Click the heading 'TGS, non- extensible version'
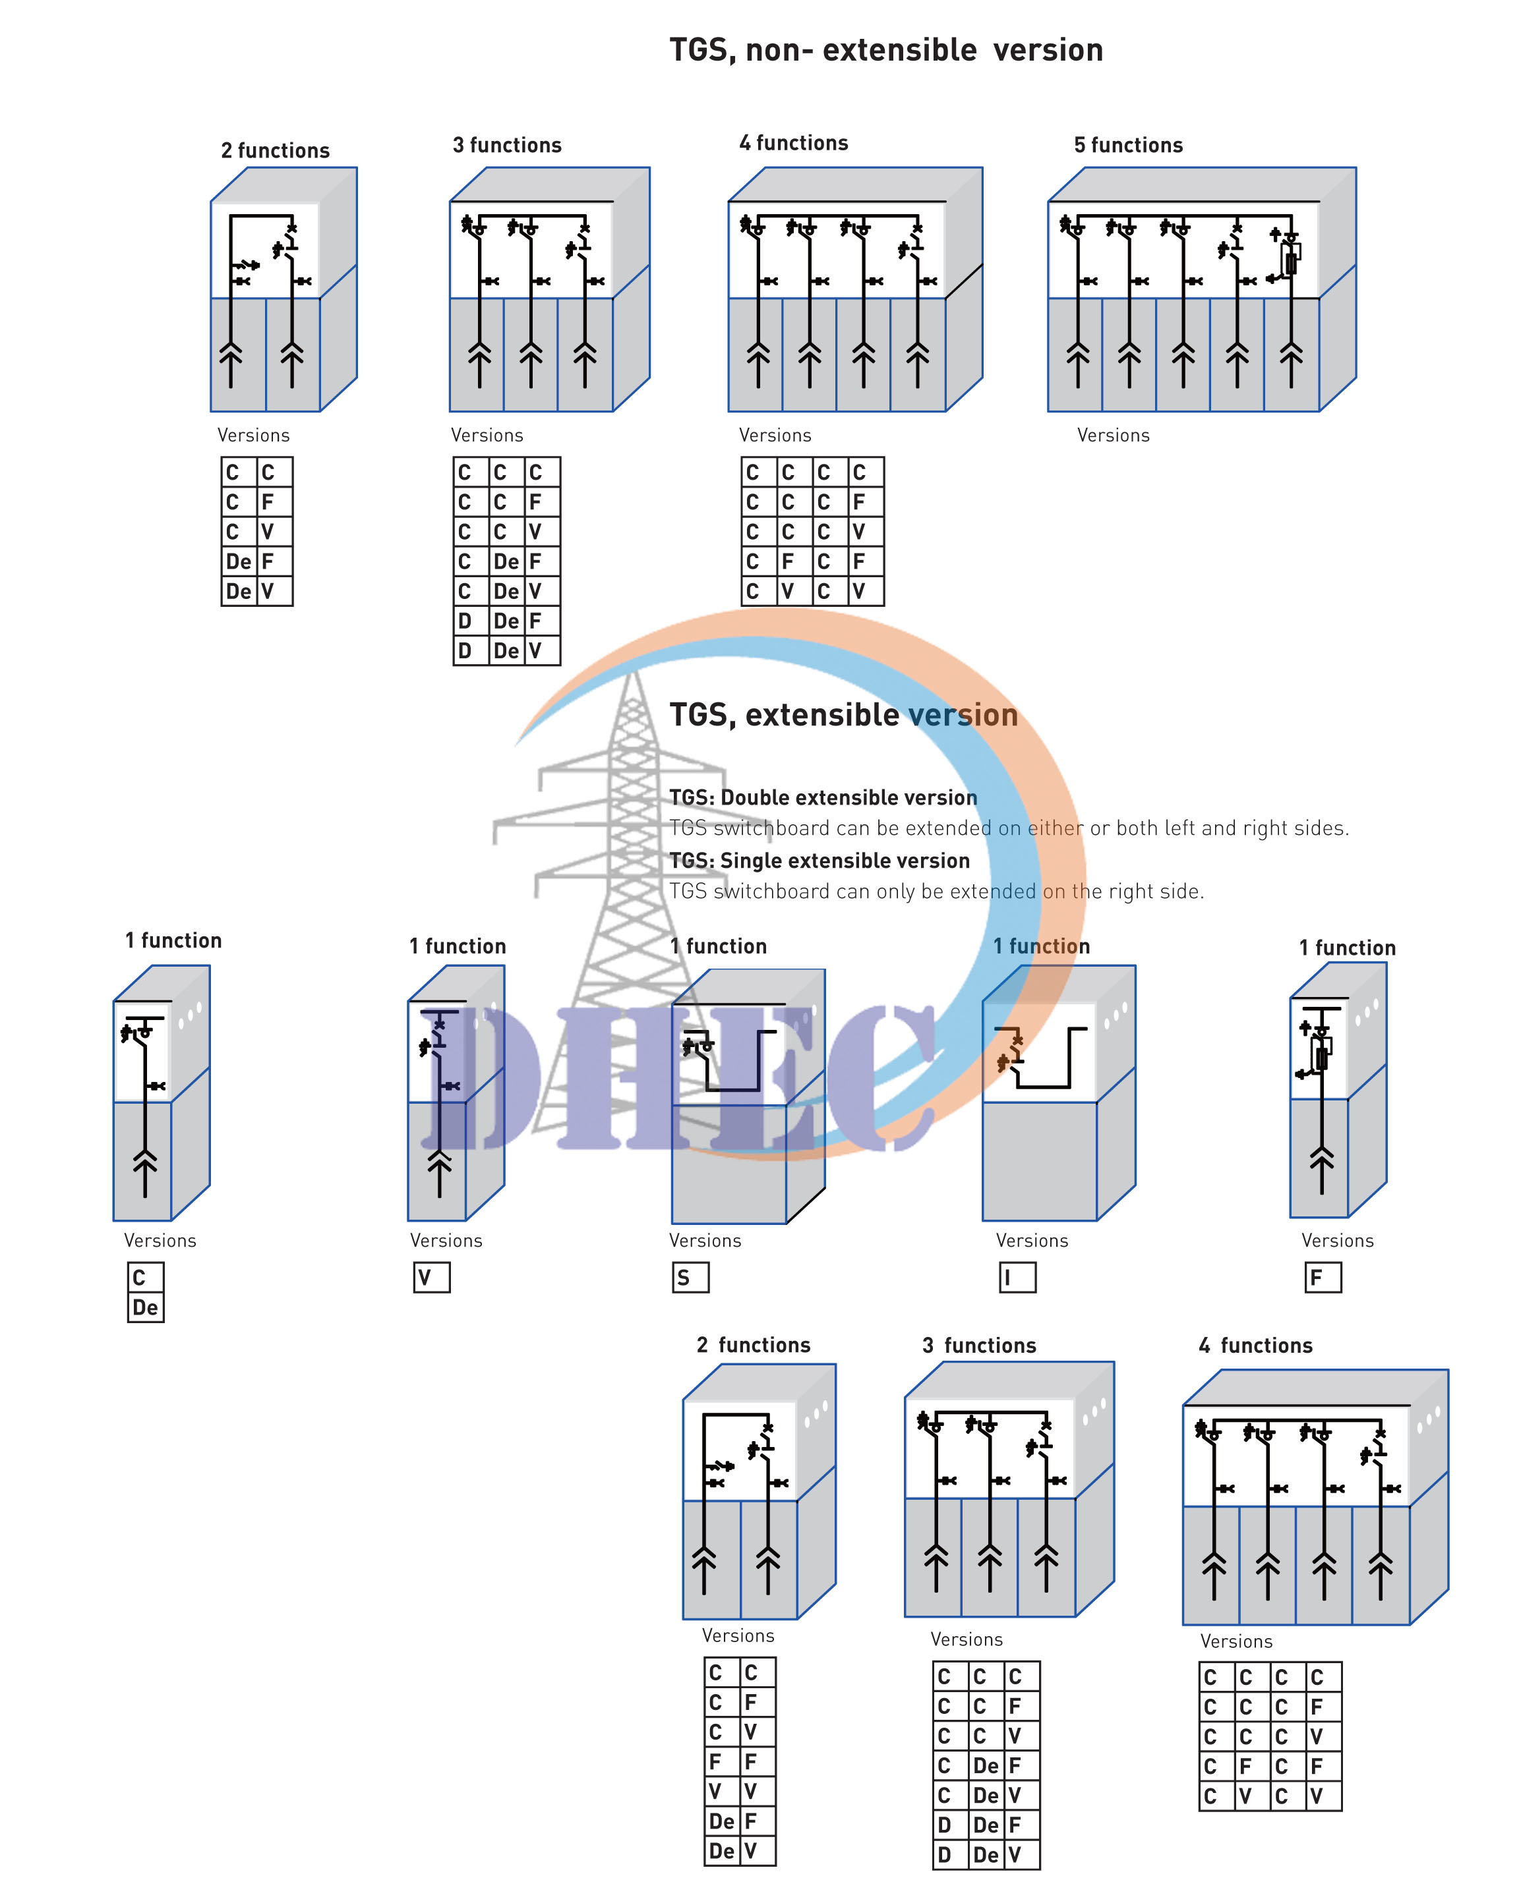click(x=886, y=50)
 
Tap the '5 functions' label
click(x=1128, y=146)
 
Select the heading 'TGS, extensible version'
click(x=843, y=715)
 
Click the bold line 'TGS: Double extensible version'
click(x=823, y=798)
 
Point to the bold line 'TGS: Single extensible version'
click(x=819, y=861)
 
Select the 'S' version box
click(x=690, y=1277)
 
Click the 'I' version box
click(x=1017, y=1277)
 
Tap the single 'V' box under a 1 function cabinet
click(x=432, y=1277)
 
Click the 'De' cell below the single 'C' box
click(x=146, y=1307)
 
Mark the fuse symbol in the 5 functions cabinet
click(x=1290, y=262)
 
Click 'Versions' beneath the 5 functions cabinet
click(x=1113, y=435)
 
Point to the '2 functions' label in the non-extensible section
click(x=275, y=151)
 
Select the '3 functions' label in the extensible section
click(x=978, y=1345)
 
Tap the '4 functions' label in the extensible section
click(x=1255, y=1345)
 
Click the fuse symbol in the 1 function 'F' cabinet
click(x=1322, y=1055)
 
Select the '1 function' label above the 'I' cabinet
click(x=1041, y=946)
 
